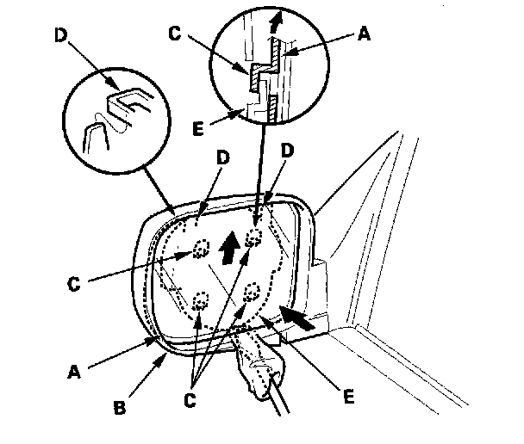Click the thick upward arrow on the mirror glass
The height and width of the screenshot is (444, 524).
tap(228, 250)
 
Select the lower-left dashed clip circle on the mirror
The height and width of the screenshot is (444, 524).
tap(199, 300)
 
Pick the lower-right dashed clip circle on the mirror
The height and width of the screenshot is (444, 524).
tap(252, 290)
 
